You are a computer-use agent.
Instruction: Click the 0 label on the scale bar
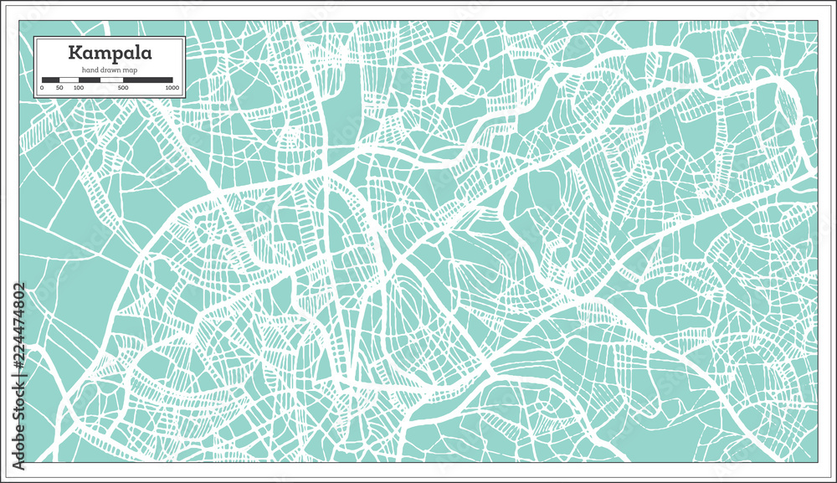pos(42,87)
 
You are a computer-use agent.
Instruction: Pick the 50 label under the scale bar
pos(59,87)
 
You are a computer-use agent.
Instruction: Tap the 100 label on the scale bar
pos(78,87)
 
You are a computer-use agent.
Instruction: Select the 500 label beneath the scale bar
pos(123,87)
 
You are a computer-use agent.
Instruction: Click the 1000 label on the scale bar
pos(172,87)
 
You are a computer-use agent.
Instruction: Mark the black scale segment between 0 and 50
pos(50,80)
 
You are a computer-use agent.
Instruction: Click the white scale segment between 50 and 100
pos(69,80)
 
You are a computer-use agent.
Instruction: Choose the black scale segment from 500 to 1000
pos(148,80)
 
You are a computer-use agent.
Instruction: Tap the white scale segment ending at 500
pos(112,80)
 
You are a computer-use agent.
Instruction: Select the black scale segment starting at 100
pos(90,80)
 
